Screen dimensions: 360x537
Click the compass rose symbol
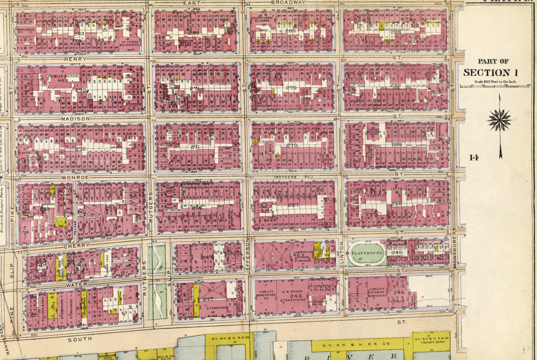pos(499,120)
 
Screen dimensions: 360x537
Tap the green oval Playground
pos(367,253)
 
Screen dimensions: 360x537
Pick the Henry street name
pos(74,59)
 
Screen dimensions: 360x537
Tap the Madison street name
pos(76,119)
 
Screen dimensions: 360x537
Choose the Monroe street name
pos(76,178)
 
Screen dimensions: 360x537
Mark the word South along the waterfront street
pos(79,339)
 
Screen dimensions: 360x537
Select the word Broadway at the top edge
pos(288,3)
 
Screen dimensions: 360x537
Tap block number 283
pos(79,34)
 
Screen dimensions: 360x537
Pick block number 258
pos(397,204)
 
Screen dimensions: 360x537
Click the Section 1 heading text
pos(486,72)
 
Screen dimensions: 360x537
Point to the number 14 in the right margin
pos(474,157)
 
